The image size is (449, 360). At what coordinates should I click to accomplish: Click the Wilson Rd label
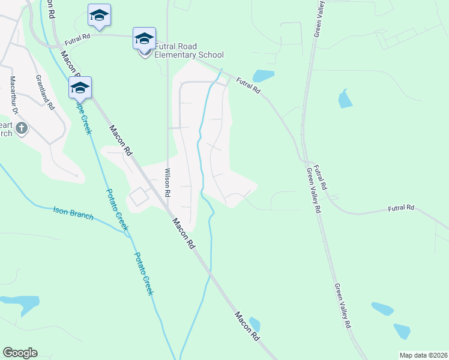(x=167, y=184)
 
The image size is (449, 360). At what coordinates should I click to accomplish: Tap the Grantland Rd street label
(x=44, y=92)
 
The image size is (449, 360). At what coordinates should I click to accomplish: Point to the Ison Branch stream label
(x=73, y=212)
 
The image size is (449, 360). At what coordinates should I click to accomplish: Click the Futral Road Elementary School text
(x=188, y=50)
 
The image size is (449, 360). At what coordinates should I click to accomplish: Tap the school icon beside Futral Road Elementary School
(x=144, y=40)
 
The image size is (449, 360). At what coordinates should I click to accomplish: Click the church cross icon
(x=21, y=128)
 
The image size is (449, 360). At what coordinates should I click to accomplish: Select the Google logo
(x=20, y=353)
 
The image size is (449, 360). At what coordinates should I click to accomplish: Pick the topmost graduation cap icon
(x=99, y=16)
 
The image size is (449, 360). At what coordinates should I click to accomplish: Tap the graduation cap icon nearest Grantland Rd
(x=80, y=88)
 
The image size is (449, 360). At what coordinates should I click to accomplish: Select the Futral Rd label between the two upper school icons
(x=77, y=37)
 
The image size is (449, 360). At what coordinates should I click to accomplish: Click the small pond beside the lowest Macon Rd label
(x=255, y=324)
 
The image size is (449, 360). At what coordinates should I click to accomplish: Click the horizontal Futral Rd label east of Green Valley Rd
(x=401, y=208)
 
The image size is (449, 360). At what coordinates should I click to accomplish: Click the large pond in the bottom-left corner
(x=23, y=304)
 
